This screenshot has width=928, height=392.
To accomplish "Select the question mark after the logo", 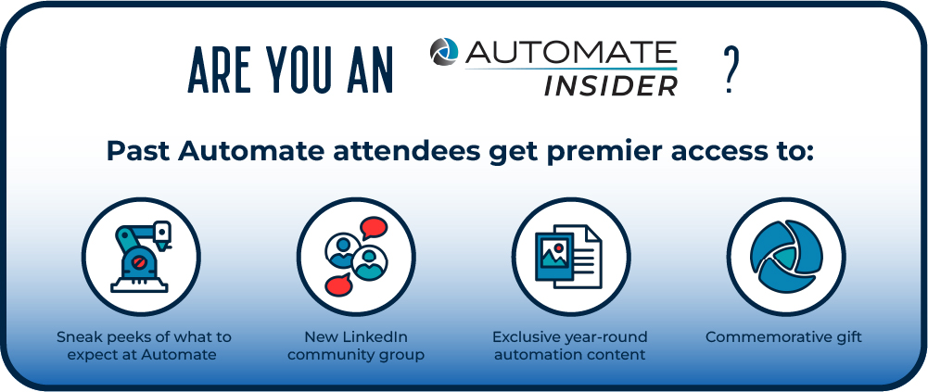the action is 729,70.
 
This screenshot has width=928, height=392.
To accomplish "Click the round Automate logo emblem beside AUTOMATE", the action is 444,52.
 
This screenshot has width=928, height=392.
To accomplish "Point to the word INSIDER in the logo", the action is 611,86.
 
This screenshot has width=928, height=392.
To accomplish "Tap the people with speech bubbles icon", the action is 356,257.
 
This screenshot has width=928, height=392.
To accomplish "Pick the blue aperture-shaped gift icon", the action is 786,257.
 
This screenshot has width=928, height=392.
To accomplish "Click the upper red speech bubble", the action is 374,228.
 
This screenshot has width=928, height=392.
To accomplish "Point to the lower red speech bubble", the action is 339,285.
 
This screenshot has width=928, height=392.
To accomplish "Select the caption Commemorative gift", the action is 783,337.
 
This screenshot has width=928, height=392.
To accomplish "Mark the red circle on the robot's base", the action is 140,261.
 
